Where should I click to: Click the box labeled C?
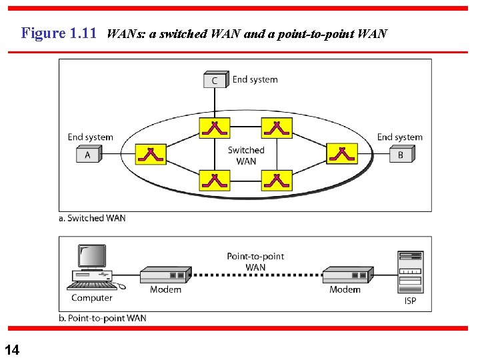[x=215, y=81]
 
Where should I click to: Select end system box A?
[x=88, y=155]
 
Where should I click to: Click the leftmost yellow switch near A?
[x=151, y=155]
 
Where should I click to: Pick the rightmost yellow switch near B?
[x=341, y=155]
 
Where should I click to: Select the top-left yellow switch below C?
[x=214, y=127]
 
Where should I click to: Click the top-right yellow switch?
[x=276, y=127]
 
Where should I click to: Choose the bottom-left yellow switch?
[x=214, y=180]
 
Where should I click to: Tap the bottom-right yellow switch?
[x=276, y=180]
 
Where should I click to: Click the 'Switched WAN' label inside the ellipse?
[x=246, y=155]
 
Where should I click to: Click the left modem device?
[x=164, y=275]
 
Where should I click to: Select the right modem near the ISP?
[x=346, y=275]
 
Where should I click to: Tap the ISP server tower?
[x=410, y=272]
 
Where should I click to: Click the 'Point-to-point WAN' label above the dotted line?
[x=255, y=261]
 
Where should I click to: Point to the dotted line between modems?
[x=255, y=275]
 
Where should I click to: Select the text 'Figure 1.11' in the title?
[x=59, y=33]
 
